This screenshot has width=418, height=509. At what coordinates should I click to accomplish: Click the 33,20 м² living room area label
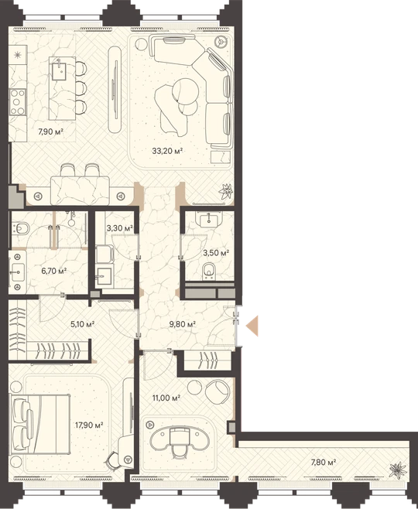point(167,151)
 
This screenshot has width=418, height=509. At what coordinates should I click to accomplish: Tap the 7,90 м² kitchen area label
point(50,132)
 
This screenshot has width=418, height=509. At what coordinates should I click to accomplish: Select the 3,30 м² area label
point(119,228)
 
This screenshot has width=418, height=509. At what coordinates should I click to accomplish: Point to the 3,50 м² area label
point(216,252)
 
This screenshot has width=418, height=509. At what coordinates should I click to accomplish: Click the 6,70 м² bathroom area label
point(54,271)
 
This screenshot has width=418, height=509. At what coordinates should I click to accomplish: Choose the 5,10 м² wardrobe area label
point(83,323)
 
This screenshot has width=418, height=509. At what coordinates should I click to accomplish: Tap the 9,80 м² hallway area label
point(183,323)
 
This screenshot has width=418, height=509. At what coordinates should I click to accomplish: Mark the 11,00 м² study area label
point(166,398)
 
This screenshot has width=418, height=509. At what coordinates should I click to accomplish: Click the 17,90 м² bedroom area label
point(89,425)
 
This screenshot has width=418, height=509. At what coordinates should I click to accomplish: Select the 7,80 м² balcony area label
point(323,462)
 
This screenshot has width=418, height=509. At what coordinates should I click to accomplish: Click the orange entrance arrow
point(252,326)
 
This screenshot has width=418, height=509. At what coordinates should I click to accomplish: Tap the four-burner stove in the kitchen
point(18,102)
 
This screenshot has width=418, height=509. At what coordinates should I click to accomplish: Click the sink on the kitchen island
point(59,71)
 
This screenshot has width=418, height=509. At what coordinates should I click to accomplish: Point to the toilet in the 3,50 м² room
point(208,271)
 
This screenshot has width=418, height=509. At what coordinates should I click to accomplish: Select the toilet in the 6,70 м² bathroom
point(20,228)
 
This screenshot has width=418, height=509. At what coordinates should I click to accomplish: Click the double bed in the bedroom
point(39,424)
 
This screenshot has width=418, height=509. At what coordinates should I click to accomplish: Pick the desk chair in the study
point(179,443)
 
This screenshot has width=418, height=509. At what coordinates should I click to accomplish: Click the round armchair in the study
point(218,392)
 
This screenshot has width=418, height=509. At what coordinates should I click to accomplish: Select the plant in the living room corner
point(226,192)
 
